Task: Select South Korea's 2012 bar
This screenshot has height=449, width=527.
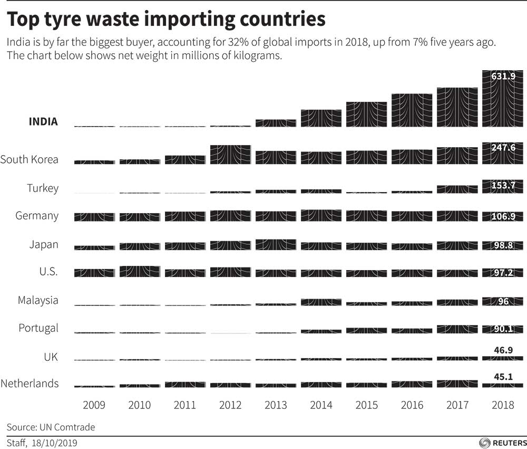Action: click(230, 155)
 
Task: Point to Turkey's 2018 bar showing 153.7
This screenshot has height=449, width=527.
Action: click(502, 187)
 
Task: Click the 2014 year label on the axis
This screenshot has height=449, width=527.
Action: click(321, 405)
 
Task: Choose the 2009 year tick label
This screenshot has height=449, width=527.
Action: click(94, 405)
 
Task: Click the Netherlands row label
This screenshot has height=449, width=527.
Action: click(30, 384)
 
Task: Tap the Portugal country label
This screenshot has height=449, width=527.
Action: click(38, 328)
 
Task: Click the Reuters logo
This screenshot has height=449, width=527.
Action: click(502, 442)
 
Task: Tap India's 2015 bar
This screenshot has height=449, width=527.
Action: click(366, 114)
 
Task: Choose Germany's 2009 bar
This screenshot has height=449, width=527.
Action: click(94, 217)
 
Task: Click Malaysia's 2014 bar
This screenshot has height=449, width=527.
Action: click(321, 302)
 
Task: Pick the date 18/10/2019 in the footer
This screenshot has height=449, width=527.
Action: click(55, 442)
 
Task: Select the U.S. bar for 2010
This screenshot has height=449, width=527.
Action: click(140, 271)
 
